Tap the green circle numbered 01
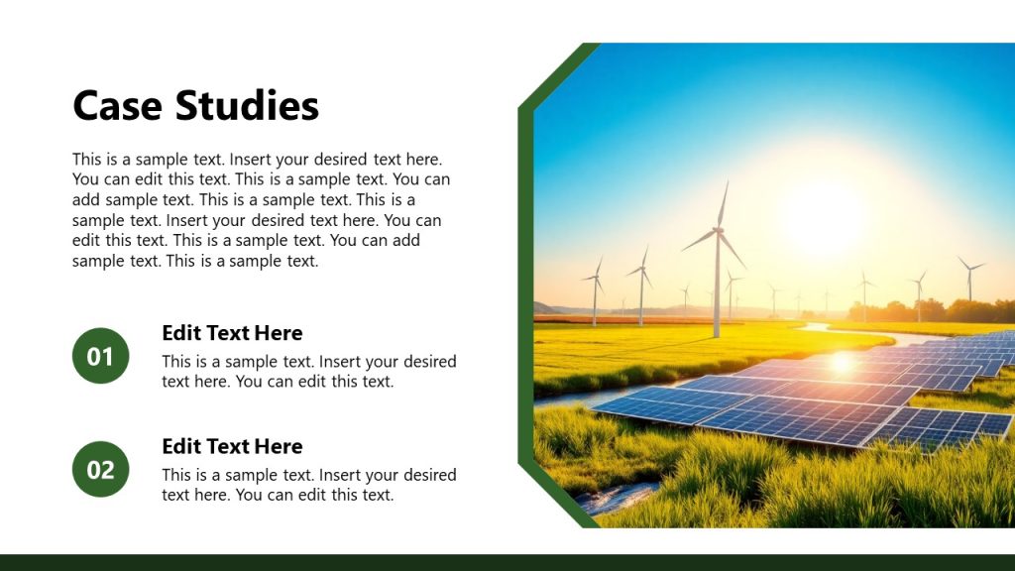coord(101,356)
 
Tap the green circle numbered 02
coord(101,469)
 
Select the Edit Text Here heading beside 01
coord(232,333)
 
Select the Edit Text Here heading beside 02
coord(232,446)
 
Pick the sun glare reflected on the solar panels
coord(842,363)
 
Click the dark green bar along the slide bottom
coord(507,562)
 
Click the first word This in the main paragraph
coord(86,159)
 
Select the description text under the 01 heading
coord(308,372)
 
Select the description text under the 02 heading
coord(308,485)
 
